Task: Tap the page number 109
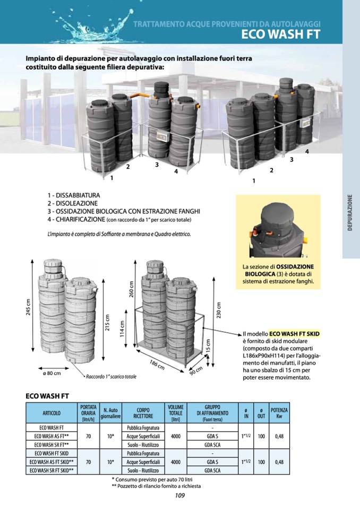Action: coord(179,496)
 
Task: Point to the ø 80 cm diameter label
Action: coord(52,374)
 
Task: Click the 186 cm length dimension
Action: coord(156,365)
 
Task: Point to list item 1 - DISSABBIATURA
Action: coord(73,196)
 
